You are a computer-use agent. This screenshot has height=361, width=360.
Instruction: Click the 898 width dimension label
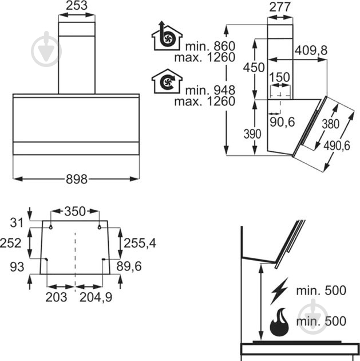tap(77, 179)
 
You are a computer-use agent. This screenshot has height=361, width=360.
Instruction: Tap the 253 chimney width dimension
tap(77, 6)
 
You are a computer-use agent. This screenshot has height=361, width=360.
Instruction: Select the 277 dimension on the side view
tap(280, 7)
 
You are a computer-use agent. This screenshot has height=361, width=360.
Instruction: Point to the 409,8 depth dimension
tap(311, 50)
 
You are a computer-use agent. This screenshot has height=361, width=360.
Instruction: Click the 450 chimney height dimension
tap(254, 68)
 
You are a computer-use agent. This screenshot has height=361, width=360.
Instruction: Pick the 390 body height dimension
tap(252, 134)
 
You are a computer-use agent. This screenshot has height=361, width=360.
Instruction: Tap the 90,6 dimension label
tap(282, 122)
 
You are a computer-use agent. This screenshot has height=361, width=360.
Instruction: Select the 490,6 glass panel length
tap(337, 146)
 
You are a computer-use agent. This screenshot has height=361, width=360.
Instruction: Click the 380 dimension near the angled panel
tap(331, 124)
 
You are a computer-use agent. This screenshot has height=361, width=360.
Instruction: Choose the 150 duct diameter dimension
tap(279, 77)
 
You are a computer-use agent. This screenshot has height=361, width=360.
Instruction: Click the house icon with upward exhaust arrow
tap(167, 36)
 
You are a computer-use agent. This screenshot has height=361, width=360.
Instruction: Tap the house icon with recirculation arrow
tap(167, 81)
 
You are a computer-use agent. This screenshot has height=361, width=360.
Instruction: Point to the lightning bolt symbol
tap(279, 291)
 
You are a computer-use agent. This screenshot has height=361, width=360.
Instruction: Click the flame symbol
tap(279, 322)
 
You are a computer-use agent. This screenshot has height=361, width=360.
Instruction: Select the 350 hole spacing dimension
tap(75, 211)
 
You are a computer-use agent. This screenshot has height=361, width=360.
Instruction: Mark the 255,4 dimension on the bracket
tap(140, 243)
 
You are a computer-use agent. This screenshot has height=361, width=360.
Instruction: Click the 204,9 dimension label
tap(96, 297)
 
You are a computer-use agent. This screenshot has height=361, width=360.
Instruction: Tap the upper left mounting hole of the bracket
tap(50, 227)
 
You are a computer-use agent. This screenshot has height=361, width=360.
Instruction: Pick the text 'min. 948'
tap(210, 90)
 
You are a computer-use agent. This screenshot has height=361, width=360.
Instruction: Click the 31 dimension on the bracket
tap(17, 223)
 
